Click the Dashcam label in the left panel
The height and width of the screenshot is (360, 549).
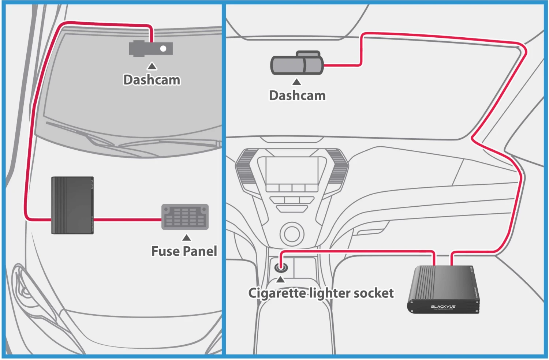[152, 80]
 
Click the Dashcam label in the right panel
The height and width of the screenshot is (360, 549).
[297, 95]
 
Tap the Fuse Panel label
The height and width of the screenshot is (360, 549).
[184, 251]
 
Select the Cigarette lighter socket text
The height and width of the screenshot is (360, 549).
[321, 293]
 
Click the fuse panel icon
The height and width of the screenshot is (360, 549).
[185, 217]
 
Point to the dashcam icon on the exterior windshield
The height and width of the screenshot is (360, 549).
[150, 48]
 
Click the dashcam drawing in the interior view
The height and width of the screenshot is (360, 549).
[297, 64]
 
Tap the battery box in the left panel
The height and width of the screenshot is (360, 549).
[72, 205]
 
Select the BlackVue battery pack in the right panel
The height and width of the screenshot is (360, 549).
[443, 289]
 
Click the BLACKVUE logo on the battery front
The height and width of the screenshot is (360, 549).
[443, 307]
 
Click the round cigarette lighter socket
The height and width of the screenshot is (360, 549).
[281, 267]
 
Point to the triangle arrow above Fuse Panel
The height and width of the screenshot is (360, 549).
[187, 238]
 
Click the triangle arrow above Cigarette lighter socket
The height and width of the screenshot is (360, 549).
[280, 280]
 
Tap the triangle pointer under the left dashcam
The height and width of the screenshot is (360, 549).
[152, 66]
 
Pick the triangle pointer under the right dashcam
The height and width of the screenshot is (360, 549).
[297, 82]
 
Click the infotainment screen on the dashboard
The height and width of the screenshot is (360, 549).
[292, 170]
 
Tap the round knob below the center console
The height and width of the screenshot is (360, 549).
[292, 233]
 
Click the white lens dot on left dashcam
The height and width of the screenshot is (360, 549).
[163, 48]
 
